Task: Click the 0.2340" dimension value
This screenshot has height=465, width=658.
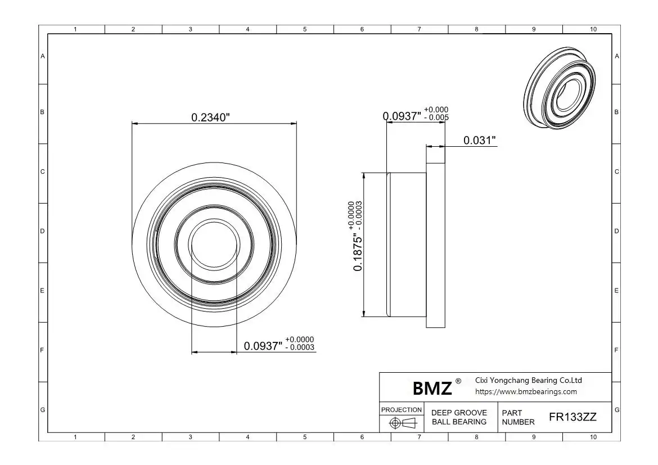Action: [211, 118]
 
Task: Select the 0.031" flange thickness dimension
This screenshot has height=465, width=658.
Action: [480, 140]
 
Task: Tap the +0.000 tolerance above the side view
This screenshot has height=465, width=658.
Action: [436, 110]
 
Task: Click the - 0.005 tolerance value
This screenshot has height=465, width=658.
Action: [436, 118]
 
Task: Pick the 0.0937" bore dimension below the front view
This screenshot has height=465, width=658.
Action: [263, 346]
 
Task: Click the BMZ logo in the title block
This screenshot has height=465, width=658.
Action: [432, 388]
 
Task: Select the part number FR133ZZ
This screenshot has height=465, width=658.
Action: [573, 417]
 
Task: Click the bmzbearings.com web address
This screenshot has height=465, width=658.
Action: [526, 391]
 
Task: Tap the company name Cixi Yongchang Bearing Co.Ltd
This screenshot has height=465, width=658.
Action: [528, 380]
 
